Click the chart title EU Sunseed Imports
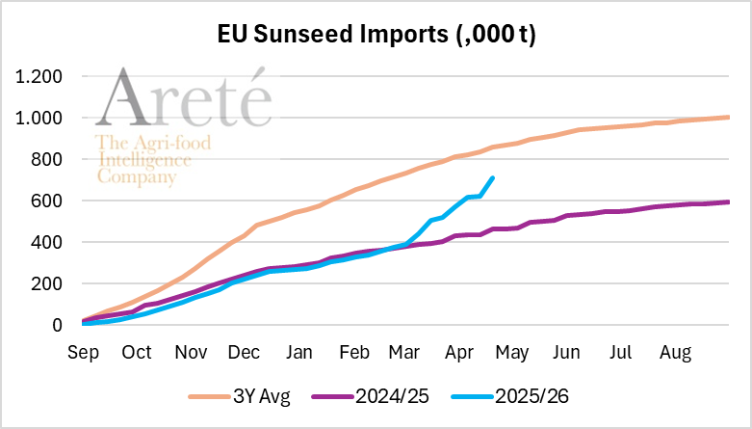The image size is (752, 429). [x=376, y=36]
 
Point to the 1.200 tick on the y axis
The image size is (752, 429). [x=39, y=76]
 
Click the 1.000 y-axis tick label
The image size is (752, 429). [x=39, y=118]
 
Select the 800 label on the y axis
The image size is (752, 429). [x=45, y=159]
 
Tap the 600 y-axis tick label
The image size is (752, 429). [x=45, y=201]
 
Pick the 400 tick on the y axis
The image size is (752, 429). [x=45, y=242]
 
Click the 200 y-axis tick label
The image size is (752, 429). [x=45, y=283]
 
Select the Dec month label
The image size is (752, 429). [x=246, y=353]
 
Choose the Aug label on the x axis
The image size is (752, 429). [x=675, y=353]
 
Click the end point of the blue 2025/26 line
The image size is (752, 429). [x=493, y=177]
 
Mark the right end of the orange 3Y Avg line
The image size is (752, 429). [x=729, y=118]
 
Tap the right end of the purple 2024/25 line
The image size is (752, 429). [x=729, y=201]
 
